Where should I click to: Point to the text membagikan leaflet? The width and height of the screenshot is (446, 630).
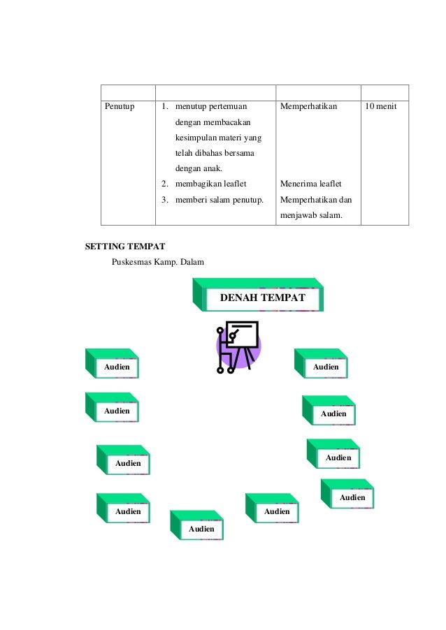(x=206, y=184)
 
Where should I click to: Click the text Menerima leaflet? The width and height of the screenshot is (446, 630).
(x=310, y=184)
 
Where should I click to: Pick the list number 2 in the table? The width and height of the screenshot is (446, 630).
(x=164, y=184)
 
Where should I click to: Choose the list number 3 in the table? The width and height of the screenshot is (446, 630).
(x=164, y=200)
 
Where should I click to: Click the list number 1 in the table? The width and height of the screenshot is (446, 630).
(x=164, y=107)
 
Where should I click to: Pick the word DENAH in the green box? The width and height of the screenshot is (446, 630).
(x=238, y=298)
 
